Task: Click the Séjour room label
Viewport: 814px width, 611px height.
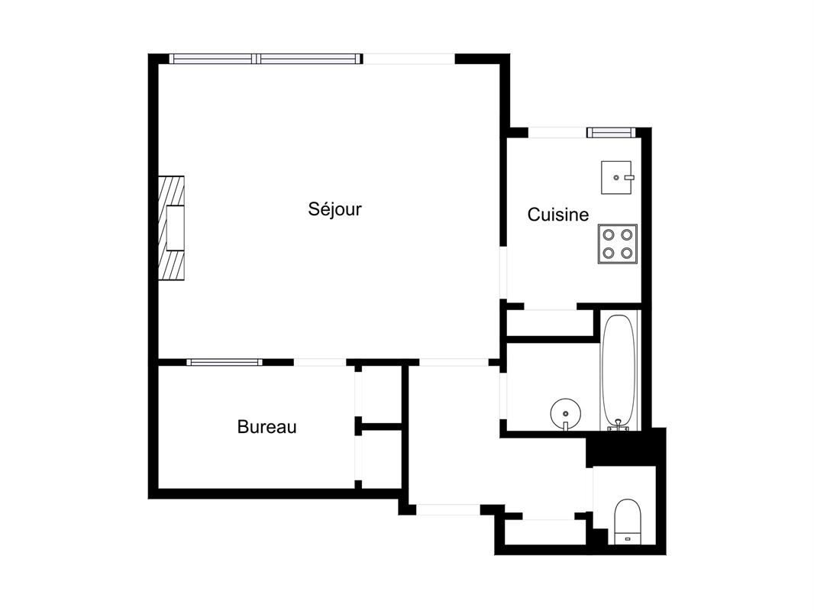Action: [334, 209]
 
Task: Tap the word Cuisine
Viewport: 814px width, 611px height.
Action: [558, 215]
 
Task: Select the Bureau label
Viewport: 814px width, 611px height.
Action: [266, 427]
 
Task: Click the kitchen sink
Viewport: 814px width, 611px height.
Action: [617, 177]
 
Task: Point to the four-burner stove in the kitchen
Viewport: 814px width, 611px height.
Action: [618, 244]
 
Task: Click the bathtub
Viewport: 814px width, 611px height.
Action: [619, 372]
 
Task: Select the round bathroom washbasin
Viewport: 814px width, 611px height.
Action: [566, 414]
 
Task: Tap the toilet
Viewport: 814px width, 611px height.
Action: [627, 522]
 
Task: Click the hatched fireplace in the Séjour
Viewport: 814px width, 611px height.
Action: [171, 228]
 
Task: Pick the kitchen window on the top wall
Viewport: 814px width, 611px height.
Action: [611, 132]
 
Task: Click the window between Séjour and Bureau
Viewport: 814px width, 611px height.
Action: [224, 362]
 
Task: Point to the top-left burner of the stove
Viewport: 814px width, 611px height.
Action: [609, 234]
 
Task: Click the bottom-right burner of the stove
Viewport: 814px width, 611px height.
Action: [627, 254]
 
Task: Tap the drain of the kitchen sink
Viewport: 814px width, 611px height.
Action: [616, 177]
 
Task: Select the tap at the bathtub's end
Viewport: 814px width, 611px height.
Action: [619, 425]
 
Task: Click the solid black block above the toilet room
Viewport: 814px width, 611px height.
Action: [626, 447]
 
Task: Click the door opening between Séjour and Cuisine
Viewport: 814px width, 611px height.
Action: [503, 273]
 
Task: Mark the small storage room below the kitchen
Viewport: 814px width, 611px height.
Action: [550, 323]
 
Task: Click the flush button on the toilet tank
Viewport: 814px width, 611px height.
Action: [627, 539]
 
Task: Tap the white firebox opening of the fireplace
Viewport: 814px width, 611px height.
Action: [175, 228]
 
